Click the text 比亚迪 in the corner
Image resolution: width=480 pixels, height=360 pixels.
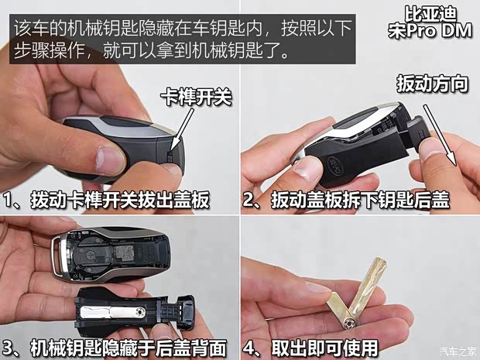[430, 13]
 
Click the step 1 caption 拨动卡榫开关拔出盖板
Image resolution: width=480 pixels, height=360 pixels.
[106, 201]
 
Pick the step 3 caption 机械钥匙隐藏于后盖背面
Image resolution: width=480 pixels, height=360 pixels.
[116, 348]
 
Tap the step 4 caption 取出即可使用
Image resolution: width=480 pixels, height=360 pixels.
[320, 348]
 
